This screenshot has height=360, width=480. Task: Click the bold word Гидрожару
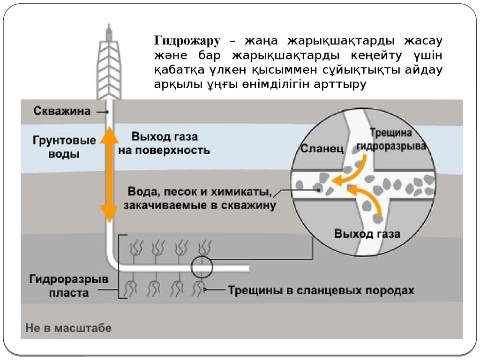coord(187,41)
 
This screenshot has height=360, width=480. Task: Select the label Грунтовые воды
coord(65,147)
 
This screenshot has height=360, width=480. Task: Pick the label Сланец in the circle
coord(322,149)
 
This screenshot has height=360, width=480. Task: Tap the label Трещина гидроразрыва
coord(391,139)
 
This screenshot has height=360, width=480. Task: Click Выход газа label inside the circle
coord(367,233)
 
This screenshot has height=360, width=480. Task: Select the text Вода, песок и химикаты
coord(200,192)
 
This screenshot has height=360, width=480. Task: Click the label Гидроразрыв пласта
coord(69,286)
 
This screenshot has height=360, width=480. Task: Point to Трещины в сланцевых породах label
coord(321,290)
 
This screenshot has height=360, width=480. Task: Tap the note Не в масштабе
coord(69,328)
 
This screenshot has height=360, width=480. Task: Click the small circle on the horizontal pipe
coord(202,268)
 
